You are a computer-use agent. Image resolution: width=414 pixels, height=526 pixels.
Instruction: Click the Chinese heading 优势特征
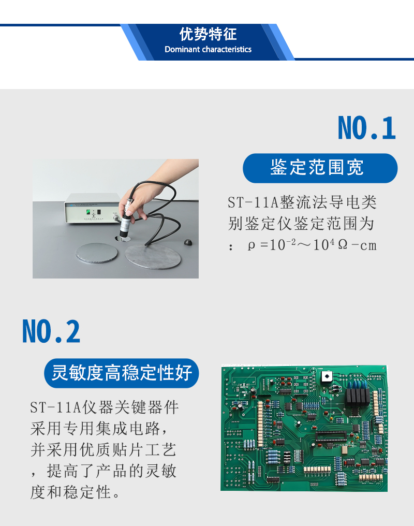pos(208,34)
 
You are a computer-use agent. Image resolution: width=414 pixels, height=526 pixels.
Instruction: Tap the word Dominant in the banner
pos(182,49)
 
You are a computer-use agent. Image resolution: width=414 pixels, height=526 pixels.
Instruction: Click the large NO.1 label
pos(367,128)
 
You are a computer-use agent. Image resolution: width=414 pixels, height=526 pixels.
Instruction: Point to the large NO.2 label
pos(51,331)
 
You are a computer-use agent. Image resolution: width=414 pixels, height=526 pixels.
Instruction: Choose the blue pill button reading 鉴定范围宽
pos(320,168)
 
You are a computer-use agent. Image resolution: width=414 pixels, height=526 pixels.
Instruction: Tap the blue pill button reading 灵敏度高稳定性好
pos(121,373)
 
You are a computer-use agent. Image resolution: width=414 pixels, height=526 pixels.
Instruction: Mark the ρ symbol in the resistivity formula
pos(252,245)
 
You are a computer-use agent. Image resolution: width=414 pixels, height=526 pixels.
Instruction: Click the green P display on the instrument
pos(88,212)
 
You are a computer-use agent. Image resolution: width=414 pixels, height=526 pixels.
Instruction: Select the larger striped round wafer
pos(153,257)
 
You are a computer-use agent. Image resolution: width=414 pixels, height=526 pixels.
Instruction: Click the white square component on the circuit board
pos(327,376)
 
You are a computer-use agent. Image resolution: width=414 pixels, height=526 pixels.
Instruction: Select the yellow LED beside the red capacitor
pos(331,419)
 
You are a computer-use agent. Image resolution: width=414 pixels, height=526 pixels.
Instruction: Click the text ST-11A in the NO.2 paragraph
pos(55,407)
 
